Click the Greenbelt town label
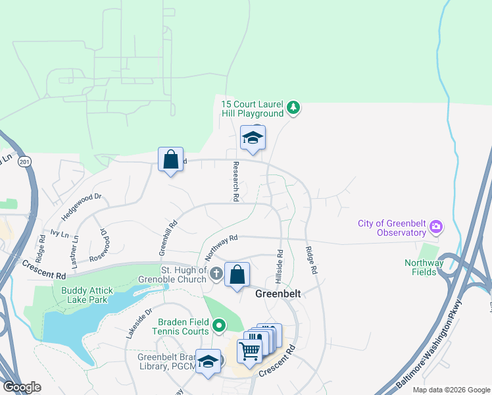point(278,294)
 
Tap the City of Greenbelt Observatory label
point(392,228)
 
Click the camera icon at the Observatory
point(435,228)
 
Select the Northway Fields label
point(420,267)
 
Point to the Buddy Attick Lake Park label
point(87,294)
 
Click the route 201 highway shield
point(25,162)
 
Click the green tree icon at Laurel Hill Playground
point(294,107)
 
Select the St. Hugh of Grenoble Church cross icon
point(217,273)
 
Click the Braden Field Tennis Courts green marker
point(218,325)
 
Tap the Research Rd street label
point(235,182)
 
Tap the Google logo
point(22,387)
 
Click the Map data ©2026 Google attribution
point(451,390)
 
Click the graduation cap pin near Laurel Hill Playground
point(253,138)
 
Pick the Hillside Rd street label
point(280,261)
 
